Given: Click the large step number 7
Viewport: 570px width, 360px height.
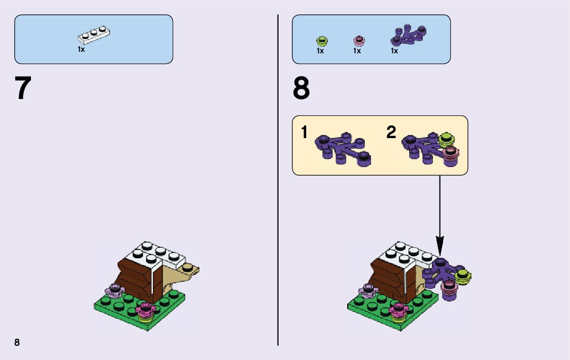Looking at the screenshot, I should (x=23, y=89).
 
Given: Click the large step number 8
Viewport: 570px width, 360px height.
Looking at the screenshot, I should (x=301, y=89).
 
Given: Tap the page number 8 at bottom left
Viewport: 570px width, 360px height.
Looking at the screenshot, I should (x=17, y=342).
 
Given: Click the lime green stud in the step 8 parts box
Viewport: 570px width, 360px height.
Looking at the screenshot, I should (x=321, y=41).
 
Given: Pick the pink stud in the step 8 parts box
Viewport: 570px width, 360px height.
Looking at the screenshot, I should (x=358, y=41).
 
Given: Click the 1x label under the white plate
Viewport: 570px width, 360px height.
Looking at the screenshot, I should (x=81, y=50).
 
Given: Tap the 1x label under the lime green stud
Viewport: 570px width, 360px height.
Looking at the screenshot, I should (x=320, y=51).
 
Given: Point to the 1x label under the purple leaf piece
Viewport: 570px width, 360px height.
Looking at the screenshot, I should (x=394, y=51).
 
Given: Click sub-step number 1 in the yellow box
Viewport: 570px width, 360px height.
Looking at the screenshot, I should (x=304, y=133).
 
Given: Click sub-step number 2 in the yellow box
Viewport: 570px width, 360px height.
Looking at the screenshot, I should (x=391, y=133).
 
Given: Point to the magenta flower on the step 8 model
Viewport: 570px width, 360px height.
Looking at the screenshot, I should (x=399, y=308).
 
